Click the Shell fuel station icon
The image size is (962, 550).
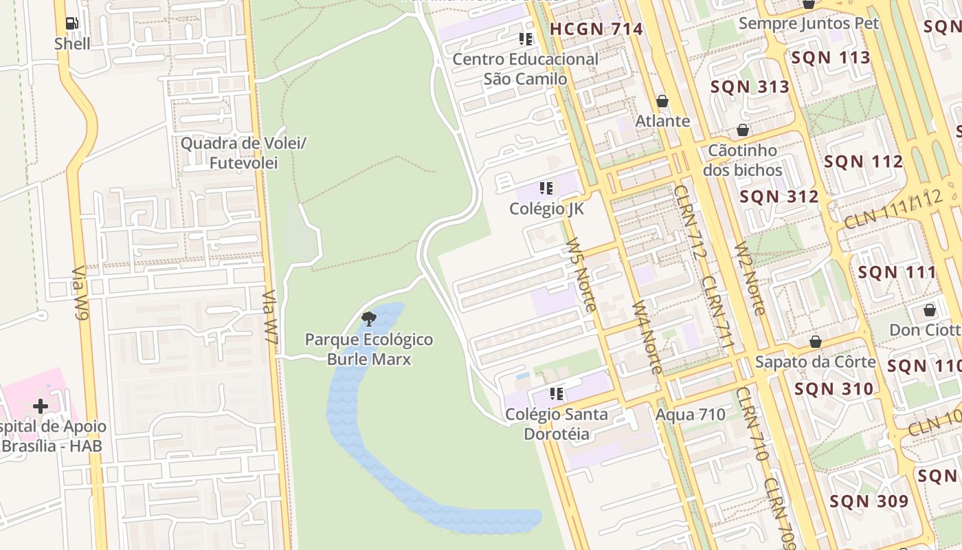click(x=72, y=23)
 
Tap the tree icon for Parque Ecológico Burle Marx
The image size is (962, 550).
click(x=369, y=318)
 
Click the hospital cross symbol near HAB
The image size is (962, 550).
click(x=41, y=406)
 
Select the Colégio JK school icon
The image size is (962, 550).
click(x=546, y=188)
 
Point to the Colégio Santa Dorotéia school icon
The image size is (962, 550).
click(x=557, y=394)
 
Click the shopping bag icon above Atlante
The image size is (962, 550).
click(x=662, y=101)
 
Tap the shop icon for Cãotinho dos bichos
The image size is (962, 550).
click(x=743, y=130)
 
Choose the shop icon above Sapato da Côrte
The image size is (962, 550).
click(x=816, y=342)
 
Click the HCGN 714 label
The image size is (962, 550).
click(x=596, y=29)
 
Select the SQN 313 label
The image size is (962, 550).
click(x=750, y=87)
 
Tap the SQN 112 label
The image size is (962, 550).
click(x=863, y=162)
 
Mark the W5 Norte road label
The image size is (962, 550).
click(x=580, y=274)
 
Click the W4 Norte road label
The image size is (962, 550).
click(x=647, y=336)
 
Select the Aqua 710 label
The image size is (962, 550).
click(x=690, y=415)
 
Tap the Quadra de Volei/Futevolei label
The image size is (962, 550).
click(x=243, y=153)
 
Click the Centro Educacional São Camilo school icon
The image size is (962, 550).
click(x=526, y=38)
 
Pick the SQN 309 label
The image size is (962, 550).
click(x=869, y=501)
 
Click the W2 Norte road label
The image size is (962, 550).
click(x=749, y=278)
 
